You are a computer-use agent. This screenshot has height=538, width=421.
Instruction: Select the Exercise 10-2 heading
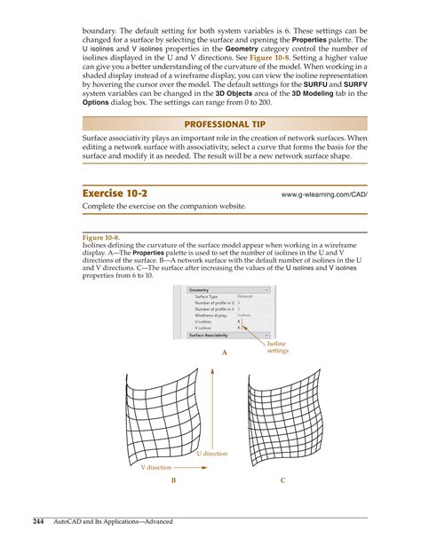coord(116,193)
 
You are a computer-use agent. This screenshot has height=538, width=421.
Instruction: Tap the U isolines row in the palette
coord(205,320)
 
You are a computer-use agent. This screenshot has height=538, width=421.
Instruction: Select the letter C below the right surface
coord(282,479)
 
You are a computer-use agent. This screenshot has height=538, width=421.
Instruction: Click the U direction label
coord(211,454)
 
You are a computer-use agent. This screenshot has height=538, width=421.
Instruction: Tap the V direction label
coord(155,466)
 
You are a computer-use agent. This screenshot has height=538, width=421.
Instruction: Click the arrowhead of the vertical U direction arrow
coord(212,369)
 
